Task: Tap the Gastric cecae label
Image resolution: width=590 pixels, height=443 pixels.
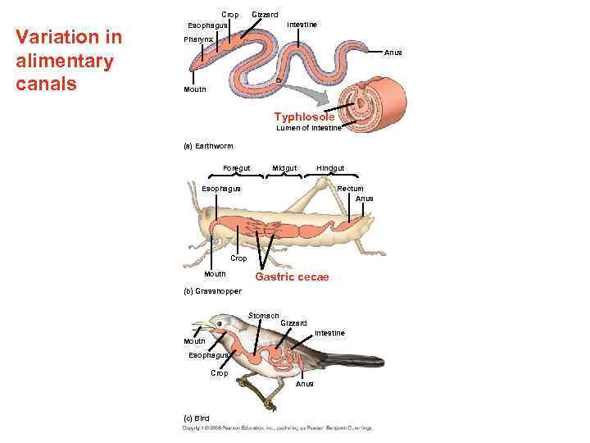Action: [x=292, y=277]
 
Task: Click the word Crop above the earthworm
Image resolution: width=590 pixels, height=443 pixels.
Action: [x=230, y=15]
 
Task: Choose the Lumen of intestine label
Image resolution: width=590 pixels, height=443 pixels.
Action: [x=308, y=128]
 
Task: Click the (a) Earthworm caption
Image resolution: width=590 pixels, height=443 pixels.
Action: [x=208, y=146]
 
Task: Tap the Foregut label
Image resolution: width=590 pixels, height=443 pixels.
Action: [x=237, y=169]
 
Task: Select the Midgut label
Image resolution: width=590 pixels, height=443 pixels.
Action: [x=284, y=169]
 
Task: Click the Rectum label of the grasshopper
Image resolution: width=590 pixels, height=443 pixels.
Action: [x=351, y=189]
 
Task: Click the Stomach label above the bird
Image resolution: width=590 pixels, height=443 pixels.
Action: [x=264, y=315]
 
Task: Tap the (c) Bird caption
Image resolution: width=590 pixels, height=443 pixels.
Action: [x=196, y=418]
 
